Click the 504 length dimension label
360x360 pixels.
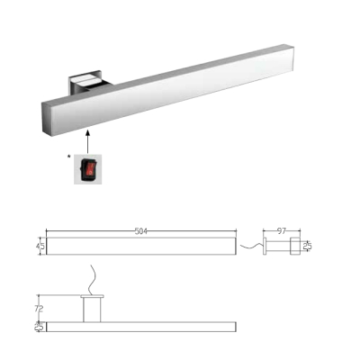(x=141, y=231)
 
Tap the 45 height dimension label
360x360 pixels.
(x=40, y=247)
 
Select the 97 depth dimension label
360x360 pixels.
(x=282, y=231)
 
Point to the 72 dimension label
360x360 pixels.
(x=39, y=309)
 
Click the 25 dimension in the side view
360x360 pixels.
(x=307, y=247)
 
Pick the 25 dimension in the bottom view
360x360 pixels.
(x=40, y=327)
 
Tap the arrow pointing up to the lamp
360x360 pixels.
(x=87, y=141)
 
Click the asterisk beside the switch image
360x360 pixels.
(x=69, y=157)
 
